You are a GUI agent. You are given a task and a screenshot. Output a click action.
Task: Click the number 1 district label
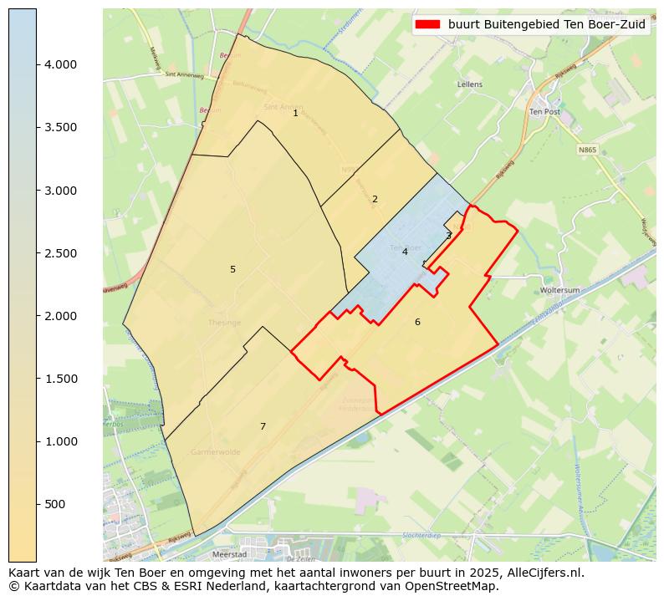(x=295, y=113)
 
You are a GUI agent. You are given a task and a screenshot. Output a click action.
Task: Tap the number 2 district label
(x=375, y=199)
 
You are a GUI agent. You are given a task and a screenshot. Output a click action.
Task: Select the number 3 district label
(x=448, y=236)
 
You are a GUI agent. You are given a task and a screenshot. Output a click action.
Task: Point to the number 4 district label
(x=405, y=252)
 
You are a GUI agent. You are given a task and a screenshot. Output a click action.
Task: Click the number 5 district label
(x=232, y=269)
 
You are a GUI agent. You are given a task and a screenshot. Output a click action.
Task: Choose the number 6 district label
(x=417, y=322)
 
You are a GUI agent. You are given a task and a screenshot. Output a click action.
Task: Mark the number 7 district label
(x=263, y=426)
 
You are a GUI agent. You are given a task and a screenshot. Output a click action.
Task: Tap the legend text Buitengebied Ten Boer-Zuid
(x=547, y=24)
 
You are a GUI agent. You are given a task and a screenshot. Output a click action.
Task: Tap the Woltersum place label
(x=560, y=290)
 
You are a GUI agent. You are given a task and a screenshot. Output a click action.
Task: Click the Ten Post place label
(x=544, y=111)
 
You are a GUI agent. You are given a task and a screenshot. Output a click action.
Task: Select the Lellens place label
(x=470, y=84)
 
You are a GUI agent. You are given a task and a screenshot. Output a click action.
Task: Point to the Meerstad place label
(x=229, y=553)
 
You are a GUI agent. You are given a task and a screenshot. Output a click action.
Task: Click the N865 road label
(x=588, y=150)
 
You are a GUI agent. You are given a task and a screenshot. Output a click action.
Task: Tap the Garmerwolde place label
(x=215, y=451)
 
